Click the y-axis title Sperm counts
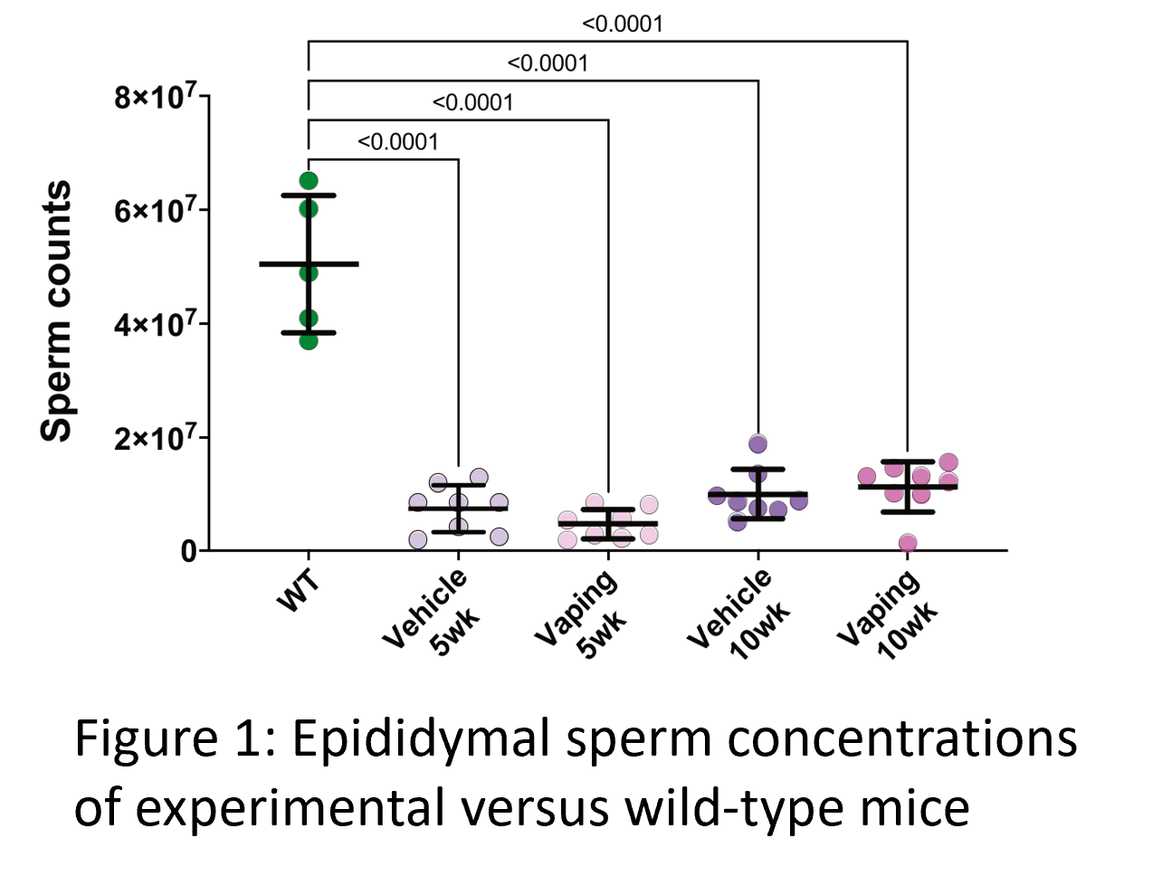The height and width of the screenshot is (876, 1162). (x=56, y=310)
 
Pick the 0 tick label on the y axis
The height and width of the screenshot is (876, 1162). (x=188, y=551)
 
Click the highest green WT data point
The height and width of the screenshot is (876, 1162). (x=309, y=181)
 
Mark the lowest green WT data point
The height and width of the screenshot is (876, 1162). (x=309, y=340)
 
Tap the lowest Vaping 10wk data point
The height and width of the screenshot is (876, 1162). (x=908, y=543)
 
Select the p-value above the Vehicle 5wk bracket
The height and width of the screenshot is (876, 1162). (x=398, y=142)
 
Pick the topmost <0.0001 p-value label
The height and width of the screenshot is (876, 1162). (x=623, y=24)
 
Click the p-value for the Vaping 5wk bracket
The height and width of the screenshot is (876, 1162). (x=472, y=103)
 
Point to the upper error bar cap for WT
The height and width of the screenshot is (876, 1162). (x=309, y=195)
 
